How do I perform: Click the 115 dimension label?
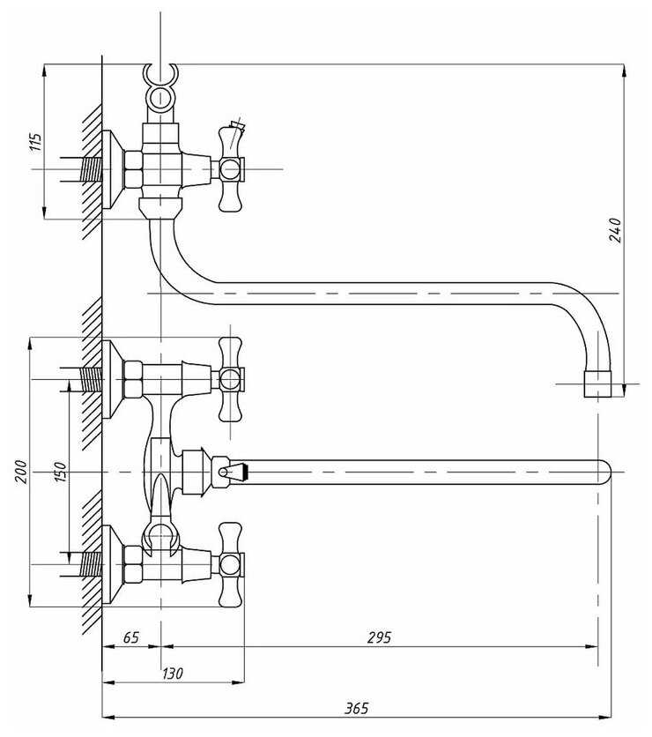tap(36, 142)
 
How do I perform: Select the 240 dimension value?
tap(616, 229)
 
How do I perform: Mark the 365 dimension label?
tap(356, 708)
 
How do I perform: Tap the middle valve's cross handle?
tap(230, 379)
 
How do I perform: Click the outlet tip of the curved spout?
tap(597, 385)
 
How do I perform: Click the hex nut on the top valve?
tap(134, 168)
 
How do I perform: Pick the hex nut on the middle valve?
tap(134, 379)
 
